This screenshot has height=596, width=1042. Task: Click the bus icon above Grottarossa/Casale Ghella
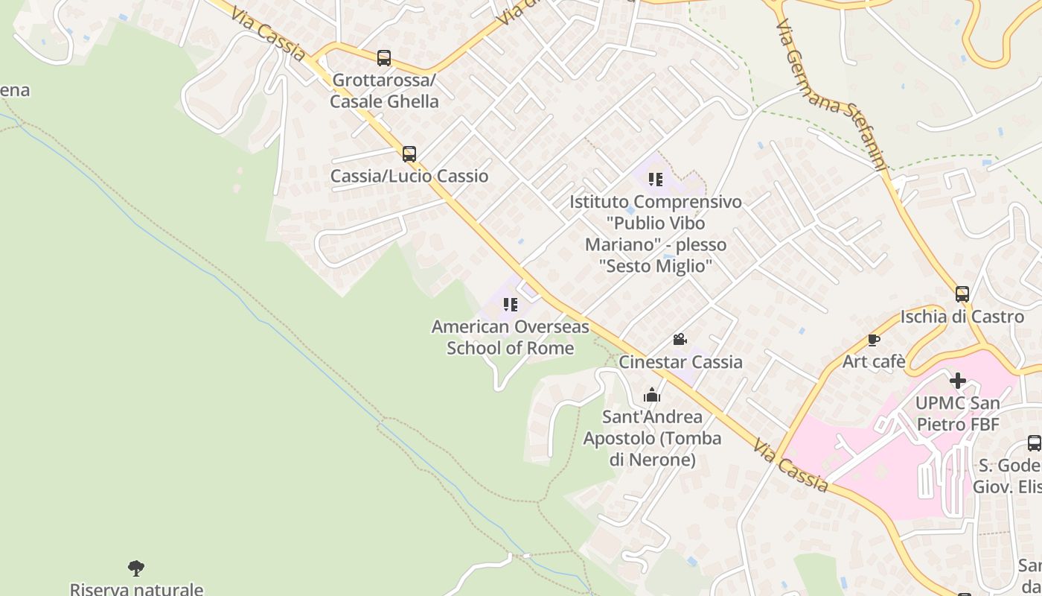coord(384,57)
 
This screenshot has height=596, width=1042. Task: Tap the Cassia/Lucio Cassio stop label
coord(409,176)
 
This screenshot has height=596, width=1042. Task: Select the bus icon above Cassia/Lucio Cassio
coord(409,154)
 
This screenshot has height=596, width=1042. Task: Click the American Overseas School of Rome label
coord(511,337)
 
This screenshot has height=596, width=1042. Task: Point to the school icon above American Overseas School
coord(510,304)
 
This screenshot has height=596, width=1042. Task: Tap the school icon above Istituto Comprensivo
coord(655,179)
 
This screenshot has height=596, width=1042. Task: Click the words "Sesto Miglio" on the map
coord(656,266)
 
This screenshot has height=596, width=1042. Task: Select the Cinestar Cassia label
coord(681,361)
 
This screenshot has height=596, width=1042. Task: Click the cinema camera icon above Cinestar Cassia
coord(680,340)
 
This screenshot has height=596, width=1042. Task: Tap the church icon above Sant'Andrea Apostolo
coord(652,395)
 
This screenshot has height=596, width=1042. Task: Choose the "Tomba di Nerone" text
coord(653,449)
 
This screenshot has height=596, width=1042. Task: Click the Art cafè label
coord(874,361)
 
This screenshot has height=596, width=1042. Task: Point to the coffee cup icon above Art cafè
coord(874,340)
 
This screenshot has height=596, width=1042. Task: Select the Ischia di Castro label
coord(962,317)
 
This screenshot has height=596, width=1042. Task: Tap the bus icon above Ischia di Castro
coord(962,294)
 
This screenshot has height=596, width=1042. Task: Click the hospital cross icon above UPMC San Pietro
coord(958,381)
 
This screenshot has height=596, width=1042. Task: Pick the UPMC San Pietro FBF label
coord(958,413)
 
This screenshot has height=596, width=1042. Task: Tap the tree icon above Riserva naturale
coord(136,568)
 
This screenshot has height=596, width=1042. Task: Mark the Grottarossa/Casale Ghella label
coord(384,90)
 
